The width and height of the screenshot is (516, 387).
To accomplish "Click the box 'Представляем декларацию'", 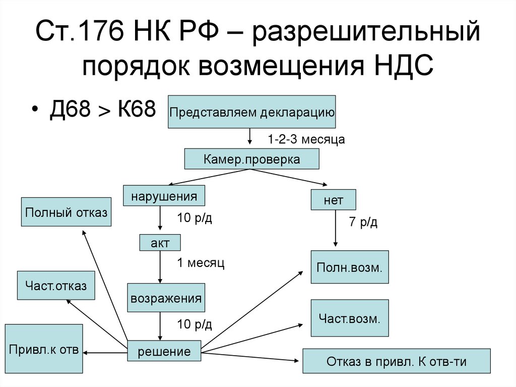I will tap(252, 112).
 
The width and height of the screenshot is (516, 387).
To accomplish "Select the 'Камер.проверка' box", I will tap(251, 159).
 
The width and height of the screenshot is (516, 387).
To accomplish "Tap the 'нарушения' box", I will tap(164, 196).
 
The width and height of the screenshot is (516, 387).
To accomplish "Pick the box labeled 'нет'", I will tap(334, 200).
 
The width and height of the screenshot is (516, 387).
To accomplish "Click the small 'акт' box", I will tap(160, 243).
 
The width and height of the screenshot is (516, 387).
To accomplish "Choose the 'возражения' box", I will tap(166, 298).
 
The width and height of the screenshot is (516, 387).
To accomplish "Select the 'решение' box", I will tap(164, 351).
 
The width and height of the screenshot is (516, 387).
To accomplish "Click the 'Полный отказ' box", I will tap(66, 212).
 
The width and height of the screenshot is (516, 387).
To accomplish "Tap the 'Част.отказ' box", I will tap(55, 286).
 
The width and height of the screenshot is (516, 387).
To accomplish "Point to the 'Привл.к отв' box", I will tap(44, 350).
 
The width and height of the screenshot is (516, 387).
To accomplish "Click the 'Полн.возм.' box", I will tap(350, 267).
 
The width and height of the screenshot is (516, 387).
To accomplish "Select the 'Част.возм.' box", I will tap(350, 318).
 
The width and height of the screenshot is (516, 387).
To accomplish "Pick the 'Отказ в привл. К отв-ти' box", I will tap(396, 361).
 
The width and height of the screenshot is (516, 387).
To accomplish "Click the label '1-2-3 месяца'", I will tap(306, 139).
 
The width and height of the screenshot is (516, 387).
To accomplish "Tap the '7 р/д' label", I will tap(363, 222).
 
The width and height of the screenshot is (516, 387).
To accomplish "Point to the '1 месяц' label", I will tap(200, 263).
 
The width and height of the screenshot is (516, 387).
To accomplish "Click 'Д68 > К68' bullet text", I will tap(102, 108).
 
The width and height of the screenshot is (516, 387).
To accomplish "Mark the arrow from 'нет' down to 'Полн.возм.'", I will tap(336, 230).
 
